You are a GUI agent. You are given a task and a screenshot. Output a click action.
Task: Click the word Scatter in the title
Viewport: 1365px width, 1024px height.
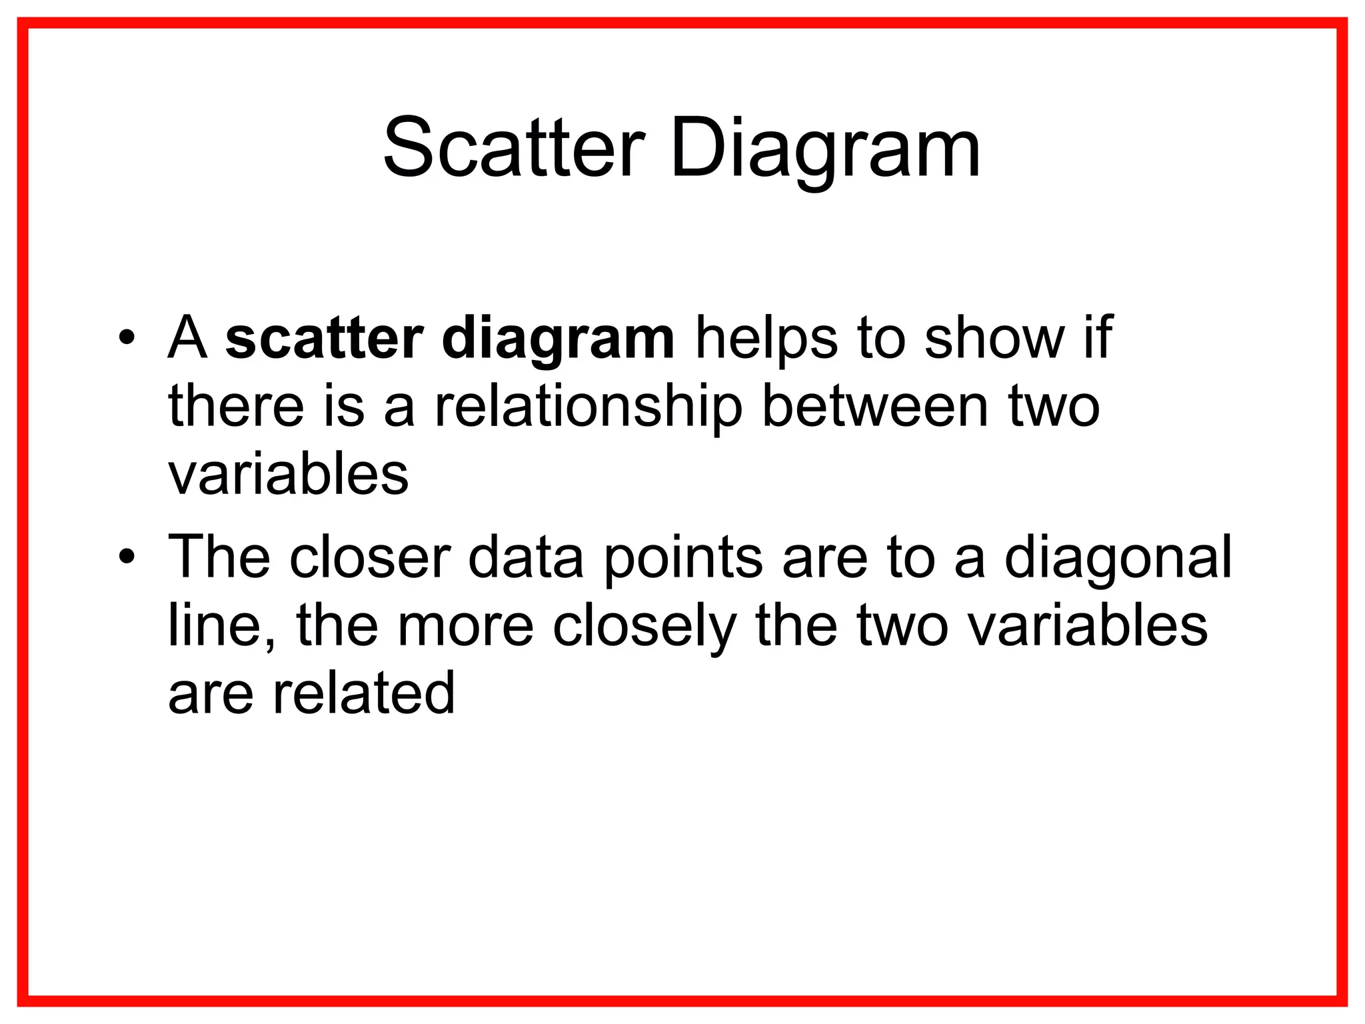514,148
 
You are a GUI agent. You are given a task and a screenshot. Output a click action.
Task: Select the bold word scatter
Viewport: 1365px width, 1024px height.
324,339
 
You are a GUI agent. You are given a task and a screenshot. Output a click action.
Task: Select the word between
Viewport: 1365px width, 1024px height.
875,407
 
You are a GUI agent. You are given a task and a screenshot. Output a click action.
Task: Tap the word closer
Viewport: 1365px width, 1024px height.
370,557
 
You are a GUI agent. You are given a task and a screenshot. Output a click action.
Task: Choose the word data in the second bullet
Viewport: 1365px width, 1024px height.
526,557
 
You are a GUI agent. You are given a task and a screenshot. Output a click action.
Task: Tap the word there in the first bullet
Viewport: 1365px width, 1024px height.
236,407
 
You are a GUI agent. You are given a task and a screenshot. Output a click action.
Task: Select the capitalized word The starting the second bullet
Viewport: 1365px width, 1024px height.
219,557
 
